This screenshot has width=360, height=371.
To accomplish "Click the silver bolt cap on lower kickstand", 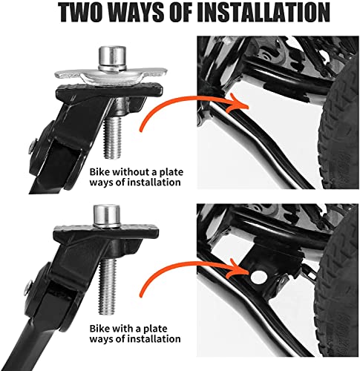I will (x=105, y=217).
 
